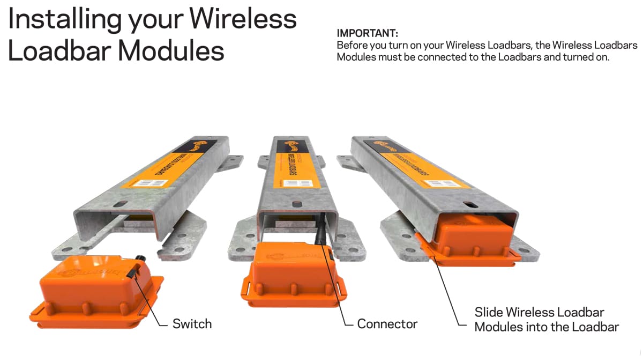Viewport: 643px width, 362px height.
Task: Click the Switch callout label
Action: pos(192,324)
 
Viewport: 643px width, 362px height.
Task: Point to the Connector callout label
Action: pos(387,324)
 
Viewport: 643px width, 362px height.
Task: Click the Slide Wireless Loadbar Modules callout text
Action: pos(547,319)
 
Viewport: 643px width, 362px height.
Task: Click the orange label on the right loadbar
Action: pos(418,164)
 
